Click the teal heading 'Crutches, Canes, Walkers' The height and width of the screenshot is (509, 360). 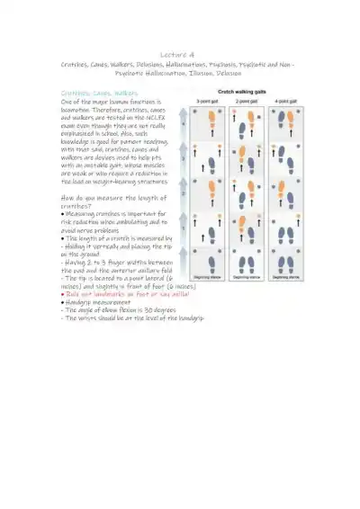pos(99,93)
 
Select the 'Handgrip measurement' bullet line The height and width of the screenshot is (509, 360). pos(104,301)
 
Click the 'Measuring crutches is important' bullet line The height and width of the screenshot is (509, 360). pos(114,189)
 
